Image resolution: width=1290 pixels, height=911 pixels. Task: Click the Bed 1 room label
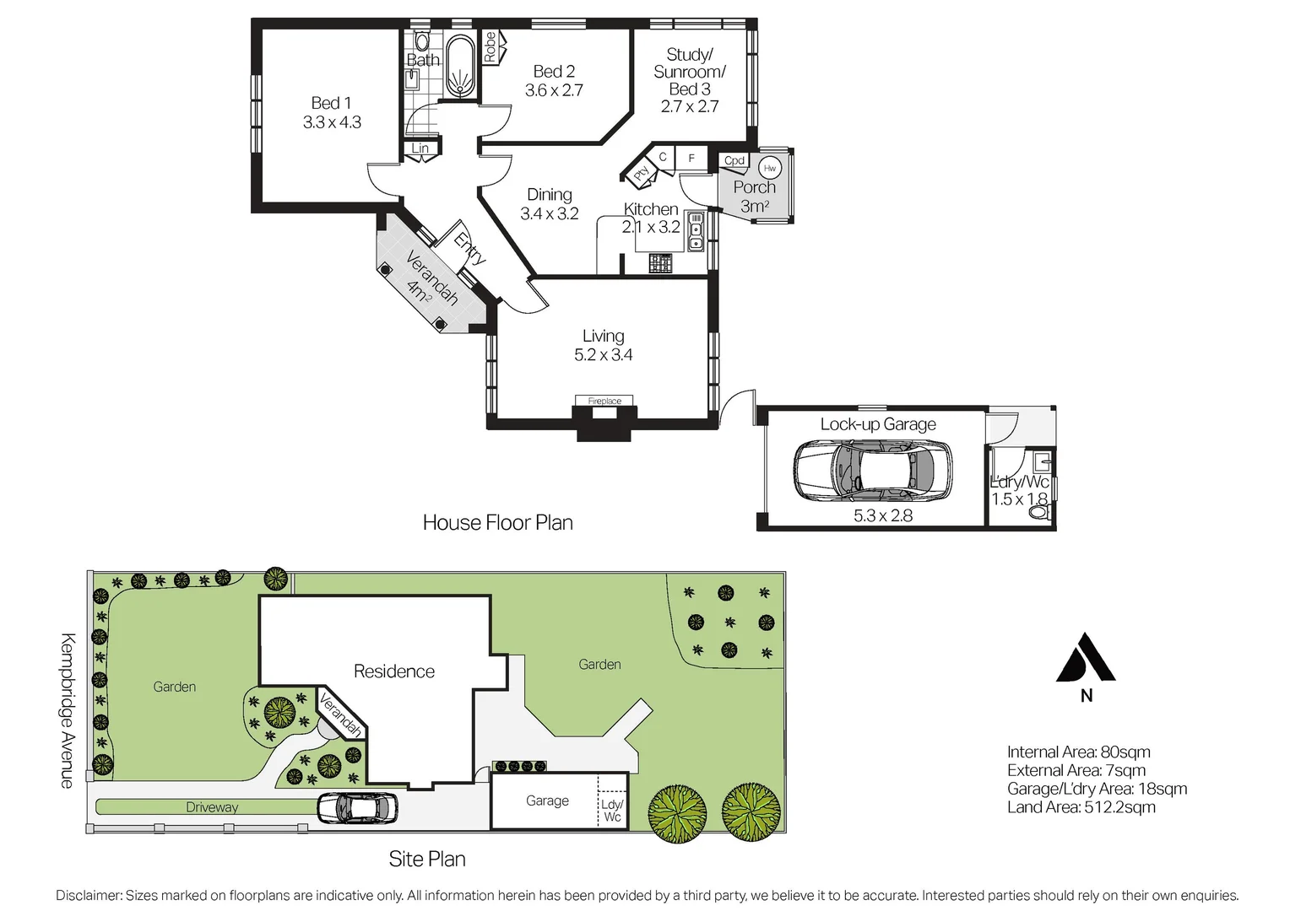[x=331, y=103]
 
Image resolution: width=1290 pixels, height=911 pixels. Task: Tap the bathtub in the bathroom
[x=459, y=67]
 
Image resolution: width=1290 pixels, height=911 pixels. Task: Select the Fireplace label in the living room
[x=604, y=402]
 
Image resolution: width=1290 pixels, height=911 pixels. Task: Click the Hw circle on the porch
[x=769, y=168]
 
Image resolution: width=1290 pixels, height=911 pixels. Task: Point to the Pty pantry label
[x=642, y=173]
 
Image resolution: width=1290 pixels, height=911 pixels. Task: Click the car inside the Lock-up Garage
[x=872, y=470]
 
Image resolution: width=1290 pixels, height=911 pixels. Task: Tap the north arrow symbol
[x=1086, y=657]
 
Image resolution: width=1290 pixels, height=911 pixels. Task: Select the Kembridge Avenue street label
[x=68, y=711]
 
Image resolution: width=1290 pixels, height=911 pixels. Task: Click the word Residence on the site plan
[x=394, y=671]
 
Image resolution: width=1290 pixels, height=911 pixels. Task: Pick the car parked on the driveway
[x=357, y=807]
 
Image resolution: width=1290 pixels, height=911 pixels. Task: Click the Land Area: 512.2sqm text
[x=1081, y=807]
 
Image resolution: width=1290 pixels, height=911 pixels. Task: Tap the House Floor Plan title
[x=497, y=522]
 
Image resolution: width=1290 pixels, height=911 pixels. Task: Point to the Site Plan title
[x=426, y=860]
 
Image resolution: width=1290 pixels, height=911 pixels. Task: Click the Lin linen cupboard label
[x=420, y=148]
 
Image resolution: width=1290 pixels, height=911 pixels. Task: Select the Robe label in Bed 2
[x=490, y=47]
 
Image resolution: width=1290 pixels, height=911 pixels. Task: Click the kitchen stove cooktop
[x=660, y=263]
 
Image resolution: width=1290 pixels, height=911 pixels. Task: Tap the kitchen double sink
[x=696, y=232]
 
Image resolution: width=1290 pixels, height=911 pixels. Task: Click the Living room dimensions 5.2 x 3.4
[x=603, y=354]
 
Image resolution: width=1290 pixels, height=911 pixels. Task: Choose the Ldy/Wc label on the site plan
[x=612, y=811]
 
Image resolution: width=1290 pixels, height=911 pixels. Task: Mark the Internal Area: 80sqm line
[x=1079, y=752]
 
